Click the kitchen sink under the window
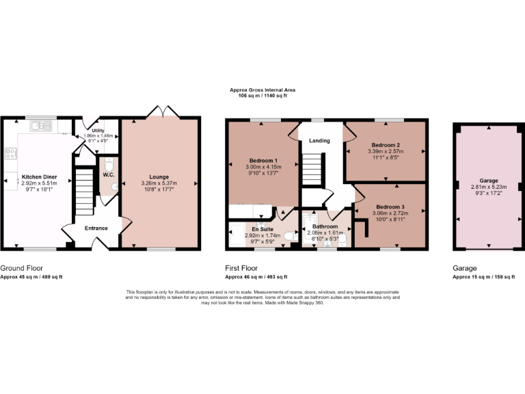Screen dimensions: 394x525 [45, 126]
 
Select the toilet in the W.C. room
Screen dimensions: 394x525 [109, 167]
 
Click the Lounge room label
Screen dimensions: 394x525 [159, 177]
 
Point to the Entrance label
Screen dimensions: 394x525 [96, 228]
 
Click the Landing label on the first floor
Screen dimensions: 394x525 [319, 141]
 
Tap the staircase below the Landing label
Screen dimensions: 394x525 [312, 168]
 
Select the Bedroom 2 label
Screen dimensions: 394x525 [385, 145]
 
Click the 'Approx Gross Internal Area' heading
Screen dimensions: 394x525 [262, 90]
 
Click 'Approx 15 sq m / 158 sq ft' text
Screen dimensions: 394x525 [487, 277]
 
